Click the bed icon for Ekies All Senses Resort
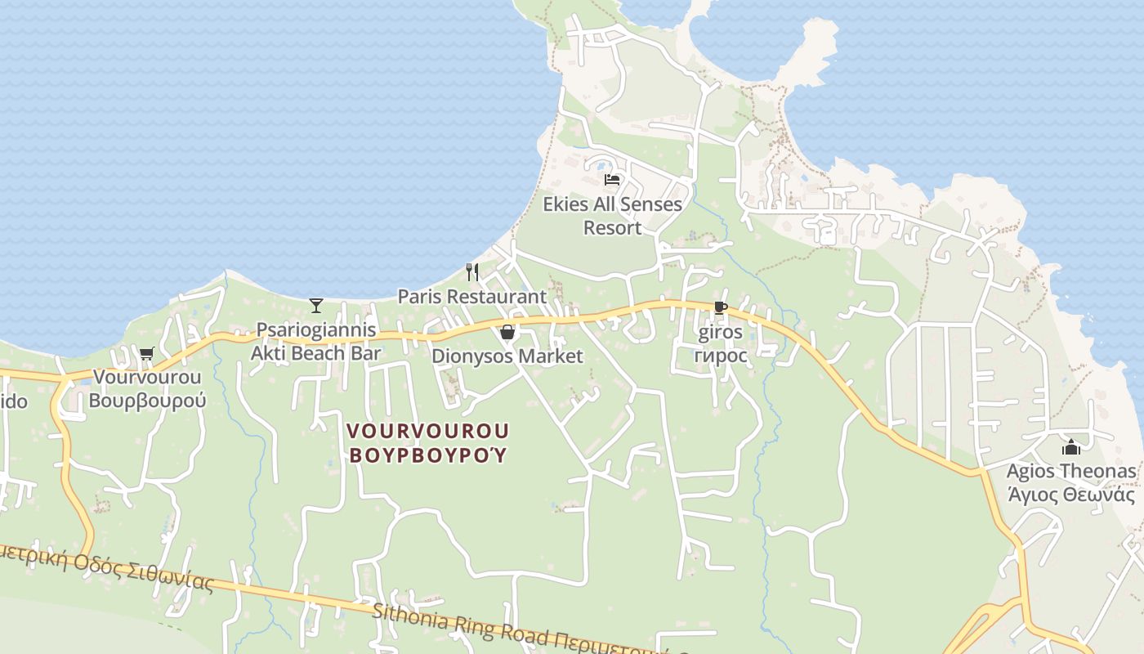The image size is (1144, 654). (612, 180)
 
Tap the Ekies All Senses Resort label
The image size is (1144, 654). (612, 216)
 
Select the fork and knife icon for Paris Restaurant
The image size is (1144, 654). (471, 271)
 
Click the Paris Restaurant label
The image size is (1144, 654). (471, 297)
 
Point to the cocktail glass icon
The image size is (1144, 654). (316, 306)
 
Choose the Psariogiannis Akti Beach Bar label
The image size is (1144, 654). (316, 342)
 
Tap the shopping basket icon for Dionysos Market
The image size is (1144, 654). (507, 332)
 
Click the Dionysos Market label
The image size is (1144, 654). (507, 356)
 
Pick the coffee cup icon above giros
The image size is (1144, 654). (720, 308)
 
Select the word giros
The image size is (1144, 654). (720, 332)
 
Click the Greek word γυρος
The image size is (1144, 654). (720, 356)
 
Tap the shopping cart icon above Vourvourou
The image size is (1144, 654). (146, 353)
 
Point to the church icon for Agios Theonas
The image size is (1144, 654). (1070, 447)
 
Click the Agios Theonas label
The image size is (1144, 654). (1070, 472)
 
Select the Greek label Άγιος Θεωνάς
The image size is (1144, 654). (1070, 495)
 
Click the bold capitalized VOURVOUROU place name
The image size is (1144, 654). (428, 431)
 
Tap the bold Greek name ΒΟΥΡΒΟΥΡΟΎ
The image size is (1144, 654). (428, 455)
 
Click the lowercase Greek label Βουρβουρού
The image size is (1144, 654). (147, 401)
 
